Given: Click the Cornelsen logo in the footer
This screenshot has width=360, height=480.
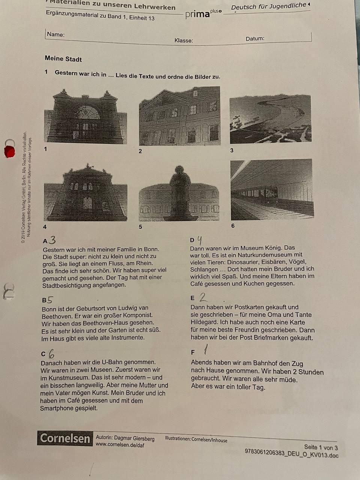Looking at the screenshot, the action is [65, 438].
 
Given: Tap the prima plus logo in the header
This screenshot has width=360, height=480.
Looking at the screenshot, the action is [204, 14].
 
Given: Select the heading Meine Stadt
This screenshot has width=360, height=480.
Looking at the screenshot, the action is [63, 59].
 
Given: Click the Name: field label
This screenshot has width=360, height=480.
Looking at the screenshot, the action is [56, 34].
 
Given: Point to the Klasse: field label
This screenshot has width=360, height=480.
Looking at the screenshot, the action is [184, 40].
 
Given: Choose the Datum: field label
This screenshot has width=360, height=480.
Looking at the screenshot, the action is [255, 39].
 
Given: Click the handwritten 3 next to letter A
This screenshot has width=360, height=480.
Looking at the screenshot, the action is [52, 240].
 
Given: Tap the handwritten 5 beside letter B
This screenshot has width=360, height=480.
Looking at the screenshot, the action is [50, 300].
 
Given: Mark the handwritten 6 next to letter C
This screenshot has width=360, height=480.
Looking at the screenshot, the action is [51, 354].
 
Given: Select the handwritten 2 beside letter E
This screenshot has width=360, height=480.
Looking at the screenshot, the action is [203, 297].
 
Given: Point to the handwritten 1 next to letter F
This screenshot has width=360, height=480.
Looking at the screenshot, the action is [205, 349].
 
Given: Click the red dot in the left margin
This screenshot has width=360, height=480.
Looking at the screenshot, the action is [9, 151].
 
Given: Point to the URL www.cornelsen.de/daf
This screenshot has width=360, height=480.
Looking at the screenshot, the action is [120, 445].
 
